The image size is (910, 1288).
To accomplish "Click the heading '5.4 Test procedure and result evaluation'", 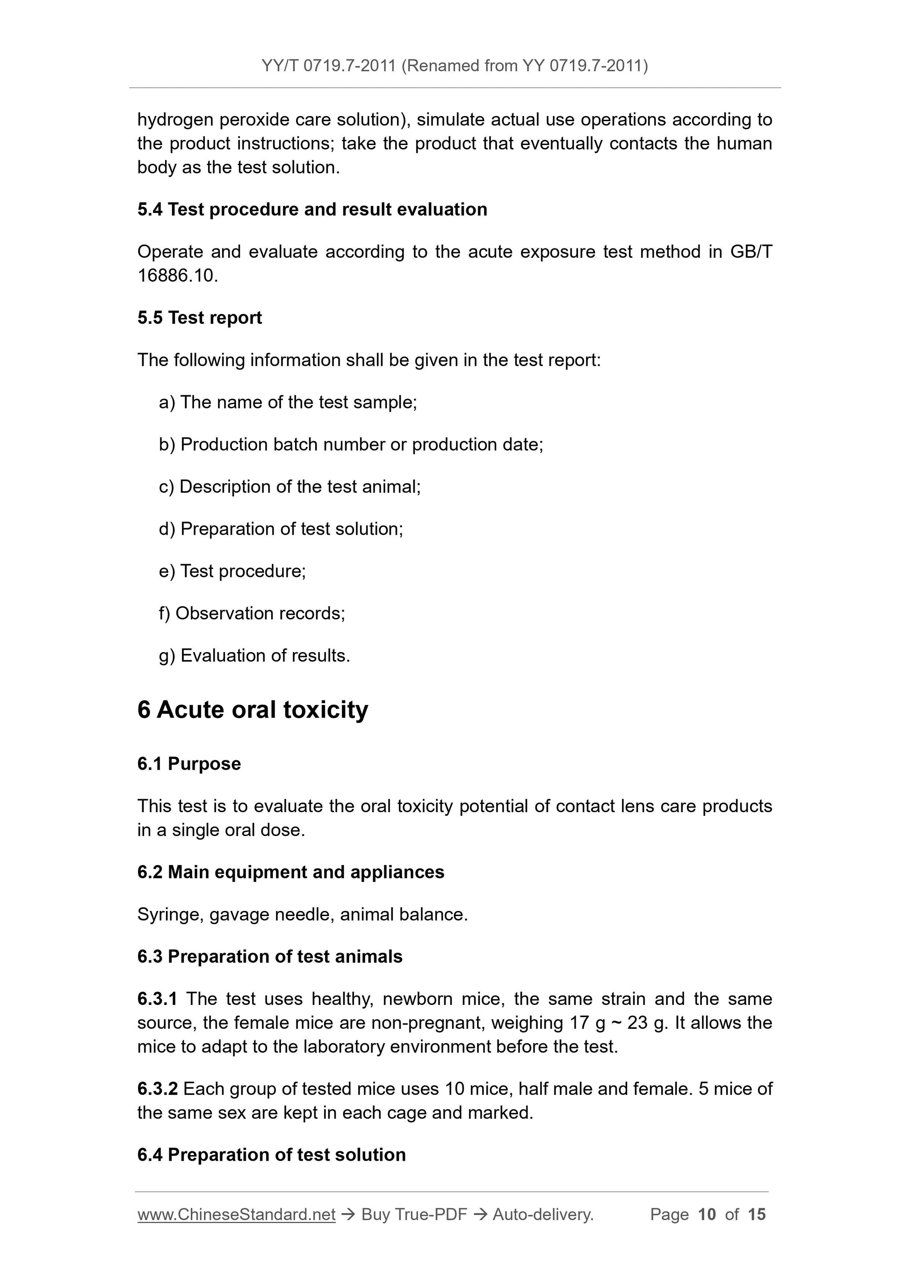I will pyautogui.click(x=312, y=209).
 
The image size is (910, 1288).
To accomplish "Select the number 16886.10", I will pyautogui.click(x=177, y=276).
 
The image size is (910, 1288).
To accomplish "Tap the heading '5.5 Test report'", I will pyautogui.click(x=200, y=318).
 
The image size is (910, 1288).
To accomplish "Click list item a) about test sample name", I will pyautogui.click(x=288, y=402).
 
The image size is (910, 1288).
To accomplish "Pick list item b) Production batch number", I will pyautogui.click(x=351, y=444).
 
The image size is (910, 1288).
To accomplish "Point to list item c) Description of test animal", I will pyautogui.click(x=289, y=487).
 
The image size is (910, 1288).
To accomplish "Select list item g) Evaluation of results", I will pyautogui.click(x=254, y=655).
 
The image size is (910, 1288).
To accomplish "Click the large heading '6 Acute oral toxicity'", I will pyautogui.click(x=253, y=710).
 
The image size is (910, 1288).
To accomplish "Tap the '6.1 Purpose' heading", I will pyautogui.click(x=189, y=764).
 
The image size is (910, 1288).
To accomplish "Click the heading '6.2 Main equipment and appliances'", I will pyautogui.click(x=290, y=872).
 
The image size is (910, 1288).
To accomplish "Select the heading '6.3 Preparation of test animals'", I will pyautogui.click(x=270, y=956).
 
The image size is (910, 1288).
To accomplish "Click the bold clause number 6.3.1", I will pyautogui.click(x=157, y=998).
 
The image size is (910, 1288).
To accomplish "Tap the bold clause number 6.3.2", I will pyautogui.click(x=157, y=1089).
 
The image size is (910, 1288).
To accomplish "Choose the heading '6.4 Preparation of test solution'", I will pyautogui.click(x=271, y=1155).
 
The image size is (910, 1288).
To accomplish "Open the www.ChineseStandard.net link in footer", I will pyautogui.click(x=236, y=1215).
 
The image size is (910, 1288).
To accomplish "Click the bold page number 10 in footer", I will pyautogui.click(x=707, y=1215).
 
